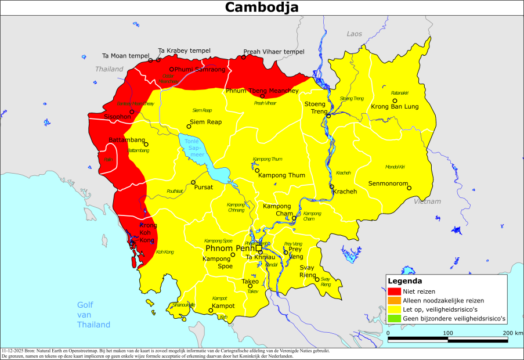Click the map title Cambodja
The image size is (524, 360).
262,8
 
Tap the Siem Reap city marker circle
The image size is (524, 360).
189,126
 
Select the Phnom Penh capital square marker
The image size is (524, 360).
259,249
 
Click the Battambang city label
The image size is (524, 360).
127,141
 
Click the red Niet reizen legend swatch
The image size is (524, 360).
395,291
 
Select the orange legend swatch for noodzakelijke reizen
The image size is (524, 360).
395,300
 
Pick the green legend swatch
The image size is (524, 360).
395,319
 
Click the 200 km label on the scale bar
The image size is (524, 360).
512,333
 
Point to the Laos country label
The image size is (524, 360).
354,34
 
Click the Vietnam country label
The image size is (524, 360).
428,201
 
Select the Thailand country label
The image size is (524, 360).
110,69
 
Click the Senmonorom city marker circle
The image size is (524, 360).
409,188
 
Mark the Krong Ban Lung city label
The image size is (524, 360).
395,107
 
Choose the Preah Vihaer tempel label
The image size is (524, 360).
273,51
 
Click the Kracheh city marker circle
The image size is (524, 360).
332,187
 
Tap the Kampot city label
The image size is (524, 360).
223,305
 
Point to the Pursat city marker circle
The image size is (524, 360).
194,181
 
